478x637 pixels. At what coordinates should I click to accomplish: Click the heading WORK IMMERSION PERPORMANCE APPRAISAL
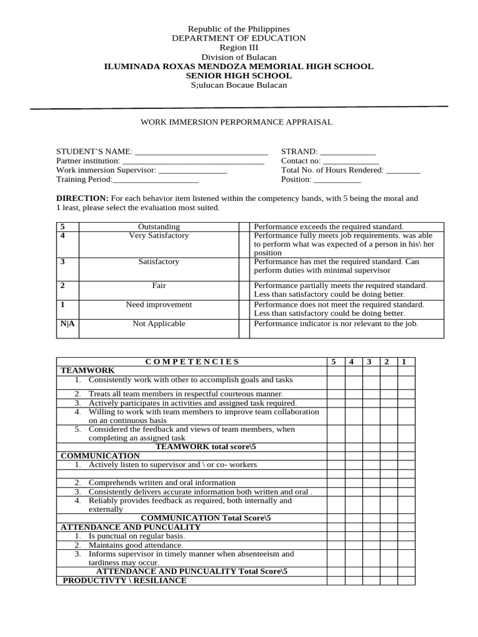[x=237, y=122]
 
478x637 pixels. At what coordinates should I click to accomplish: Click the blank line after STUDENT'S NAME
[x=201, y=152]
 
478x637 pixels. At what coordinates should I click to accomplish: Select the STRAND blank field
[x=347, y=152]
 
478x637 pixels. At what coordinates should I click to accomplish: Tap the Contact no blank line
[x=351, y=160]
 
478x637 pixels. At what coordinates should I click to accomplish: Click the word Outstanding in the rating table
[x=159, y=227]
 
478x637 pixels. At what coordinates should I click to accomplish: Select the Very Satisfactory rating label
[x=159, y=236]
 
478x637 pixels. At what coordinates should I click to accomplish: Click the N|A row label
[x=67, y=323]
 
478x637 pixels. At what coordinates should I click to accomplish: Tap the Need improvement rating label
[x=159, y=305]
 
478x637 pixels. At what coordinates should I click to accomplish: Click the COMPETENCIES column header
[x=192, y=361]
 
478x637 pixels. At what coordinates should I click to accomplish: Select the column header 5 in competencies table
[x=334, y=361]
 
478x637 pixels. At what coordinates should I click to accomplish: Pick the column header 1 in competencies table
[x=405, y=361]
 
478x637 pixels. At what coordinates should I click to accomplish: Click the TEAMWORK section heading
[x=87, y=370]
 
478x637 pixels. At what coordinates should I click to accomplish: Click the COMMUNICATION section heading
[x=100, y=456]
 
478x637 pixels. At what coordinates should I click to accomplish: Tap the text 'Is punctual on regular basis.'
[x=136, y=536]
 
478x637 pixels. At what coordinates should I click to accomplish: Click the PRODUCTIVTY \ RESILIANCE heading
[x=124, y=580]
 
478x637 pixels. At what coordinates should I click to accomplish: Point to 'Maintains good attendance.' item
[x=136, y=545]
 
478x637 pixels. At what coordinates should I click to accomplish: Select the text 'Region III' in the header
[x=238, y=48]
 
